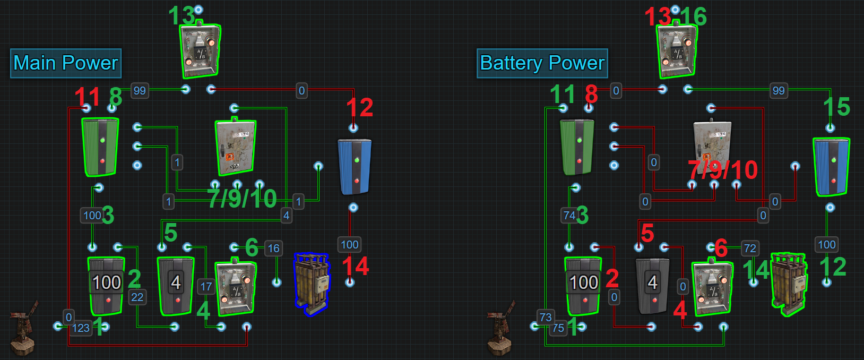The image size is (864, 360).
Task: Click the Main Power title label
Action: [x=66, y=63]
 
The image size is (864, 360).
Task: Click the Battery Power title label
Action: [x=542, y=63]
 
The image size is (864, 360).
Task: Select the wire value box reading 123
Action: [x=81, y=328]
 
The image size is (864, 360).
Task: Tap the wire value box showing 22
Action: [x=137, y=297]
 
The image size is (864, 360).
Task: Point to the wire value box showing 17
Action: [x=206, y=287]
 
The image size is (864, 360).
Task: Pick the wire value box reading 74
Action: [x=569, y=215]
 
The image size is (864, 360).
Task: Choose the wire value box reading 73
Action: [x=546, y=317]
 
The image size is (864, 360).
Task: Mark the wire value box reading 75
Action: [x=558, y=328]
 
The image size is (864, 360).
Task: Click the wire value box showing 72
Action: [x=749, y=248]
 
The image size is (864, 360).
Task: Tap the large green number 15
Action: [x=836, y=107]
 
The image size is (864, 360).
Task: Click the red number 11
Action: [x=87, y=97]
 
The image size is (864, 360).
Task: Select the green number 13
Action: [x=181, y=16]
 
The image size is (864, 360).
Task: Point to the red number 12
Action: [x=359, y=108]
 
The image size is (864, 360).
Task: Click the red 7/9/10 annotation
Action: [x=723, y=170]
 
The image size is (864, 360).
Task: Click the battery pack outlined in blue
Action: [x=312, y=284]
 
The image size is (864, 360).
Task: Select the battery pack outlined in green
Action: [x=789, y=284]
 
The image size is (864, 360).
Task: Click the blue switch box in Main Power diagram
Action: [x=355, y=167]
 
